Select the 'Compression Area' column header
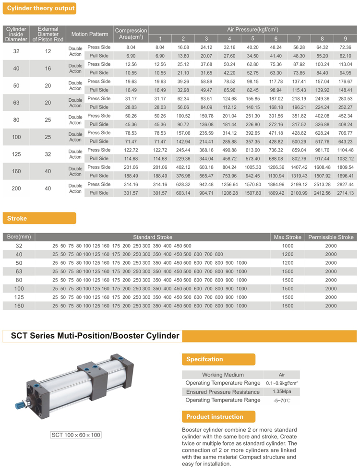click(x=131, y=34)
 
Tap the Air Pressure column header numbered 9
click(x=345, y=38)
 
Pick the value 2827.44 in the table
click(x=345, y=184)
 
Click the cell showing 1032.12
click(x=345, y=158)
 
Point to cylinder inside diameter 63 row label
click(x=16, y=102)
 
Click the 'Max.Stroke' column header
click(x=288, y=237)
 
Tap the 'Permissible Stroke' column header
click(x=331, y=237)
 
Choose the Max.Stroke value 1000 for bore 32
click(x=288, y=246)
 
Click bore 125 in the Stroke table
click(x=19, y=297)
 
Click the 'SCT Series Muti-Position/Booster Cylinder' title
click(x=96, y=336)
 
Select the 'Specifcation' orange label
click(x=205, y=359)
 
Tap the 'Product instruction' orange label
click(x=215, y=416)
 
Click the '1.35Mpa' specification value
click(x=282, y=392)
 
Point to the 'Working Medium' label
click(x=223, y=375)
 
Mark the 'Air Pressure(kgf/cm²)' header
click(x=252, y=30)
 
